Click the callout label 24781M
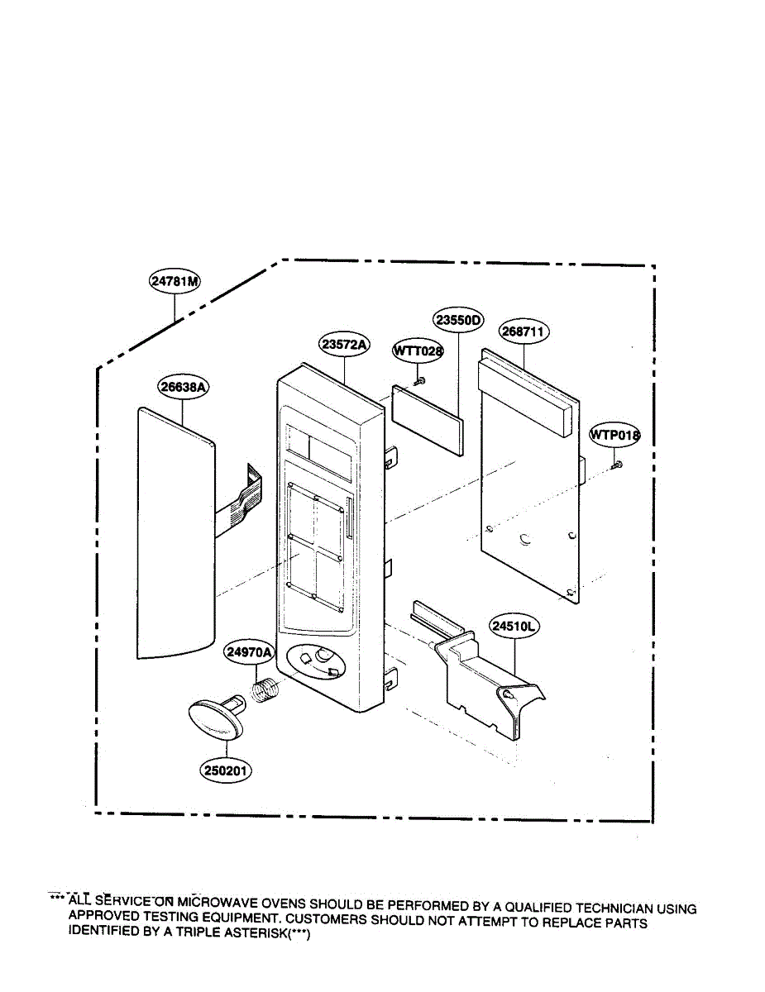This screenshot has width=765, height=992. pos(175,282)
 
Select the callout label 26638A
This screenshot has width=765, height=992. pos(183,386)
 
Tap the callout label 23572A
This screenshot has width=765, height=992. pos(343,345)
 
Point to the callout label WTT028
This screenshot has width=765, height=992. pos(417,351)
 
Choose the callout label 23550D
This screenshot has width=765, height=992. pos(458,320)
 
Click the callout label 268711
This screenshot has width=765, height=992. pos(524,331)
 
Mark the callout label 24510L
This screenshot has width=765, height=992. pos(514,627)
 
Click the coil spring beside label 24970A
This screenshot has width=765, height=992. pos(265,691)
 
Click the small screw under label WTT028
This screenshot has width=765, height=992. pos(419,380)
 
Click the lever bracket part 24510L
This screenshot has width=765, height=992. pos(488,686)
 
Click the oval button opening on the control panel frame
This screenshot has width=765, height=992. pos(319,661)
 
